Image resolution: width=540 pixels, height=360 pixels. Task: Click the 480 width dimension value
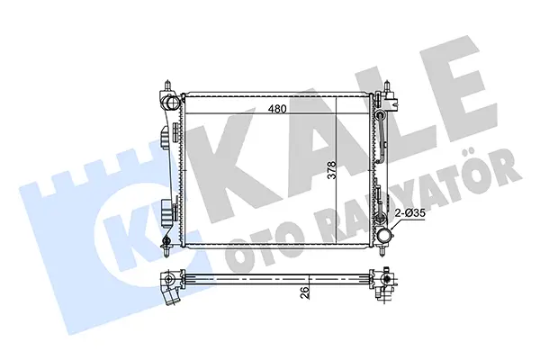click(277, 109)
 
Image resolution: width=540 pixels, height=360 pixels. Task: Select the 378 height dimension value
click(331, 170)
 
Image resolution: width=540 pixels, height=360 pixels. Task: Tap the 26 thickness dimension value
click(305, 293)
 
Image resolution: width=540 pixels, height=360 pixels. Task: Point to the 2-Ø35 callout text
click(410, 213)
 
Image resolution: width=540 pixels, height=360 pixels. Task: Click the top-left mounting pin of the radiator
click(167, 85)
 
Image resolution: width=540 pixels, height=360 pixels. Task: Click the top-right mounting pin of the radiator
click(387, 85)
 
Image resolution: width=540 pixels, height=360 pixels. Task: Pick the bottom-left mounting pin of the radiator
click(167, 251)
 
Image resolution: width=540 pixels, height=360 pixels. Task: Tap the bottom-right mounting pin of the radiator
click(382, 251)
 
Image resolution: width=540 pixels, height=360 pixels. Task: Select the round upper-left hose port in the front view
click(170, 102)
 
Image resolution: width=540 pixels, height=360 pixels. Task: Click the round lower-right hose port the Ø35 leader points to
click(384, 236)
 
